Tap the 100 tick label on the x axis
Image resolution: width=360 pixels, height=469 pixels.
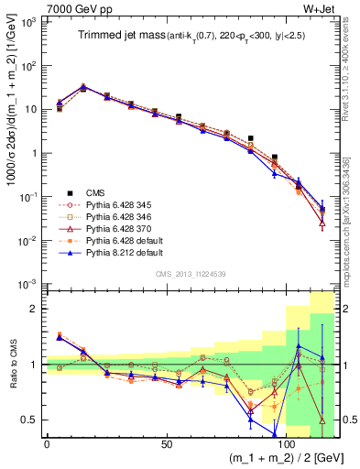[287, 444]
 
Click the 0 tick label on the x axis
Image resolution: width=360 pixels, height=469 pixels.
[47, 444]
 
